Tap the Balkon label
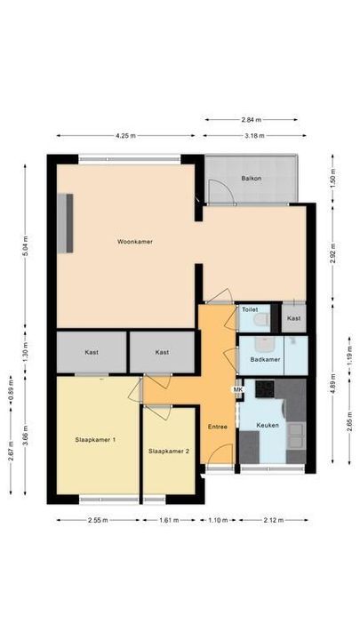coord(250,179)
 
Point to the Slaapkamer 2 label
coord(168,451)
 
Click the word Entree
coord(217,428)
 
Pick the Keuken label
coord(268,425)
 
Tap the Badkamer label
coord(267,359)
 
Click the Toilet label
coord(249,310)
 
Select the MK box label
coord(237,389)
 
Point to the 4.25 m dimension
coord(125,136)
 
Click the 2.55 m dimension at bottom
coord(98,520)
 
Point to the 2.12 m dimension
coord(275,520)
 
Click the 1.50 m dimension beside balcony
coord(332,179)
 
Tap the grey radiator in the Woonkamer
coord(65,222)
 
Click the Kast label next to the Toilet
coord(294,318)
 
